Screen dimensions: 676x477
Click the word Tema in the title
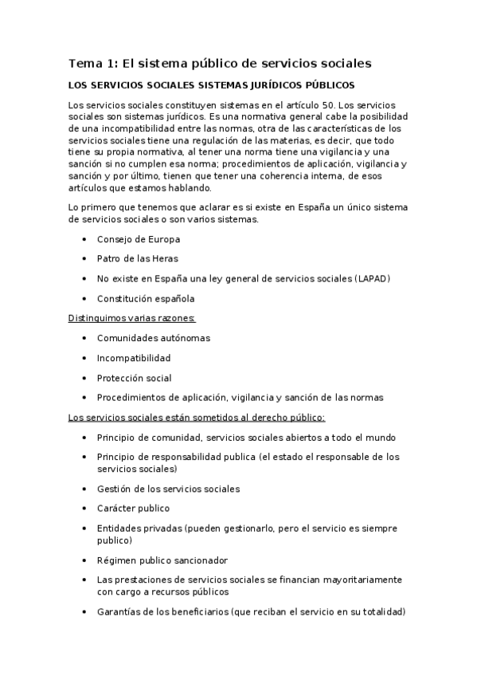click(82, 63)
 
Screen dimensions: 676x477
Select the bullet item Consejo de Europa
click(138, 239)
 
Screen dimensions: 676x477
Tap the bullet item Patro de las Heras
click(137, 259)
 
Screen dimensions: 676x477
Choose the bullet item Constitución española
click(145, 299)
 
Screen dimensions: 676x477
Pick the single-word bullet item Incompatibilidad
click(133, 358)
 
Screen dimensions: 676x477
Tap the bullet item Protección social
click(134, 378)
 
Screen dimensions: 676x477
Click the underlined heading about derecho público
click(197, 417)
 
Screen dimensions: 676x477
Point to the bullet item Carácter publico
click(133, 509)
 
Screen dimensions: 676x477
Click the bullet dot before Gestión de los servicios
click(85, 489)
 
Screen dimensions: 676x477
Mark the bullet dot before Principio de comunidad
click(85, 438)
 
